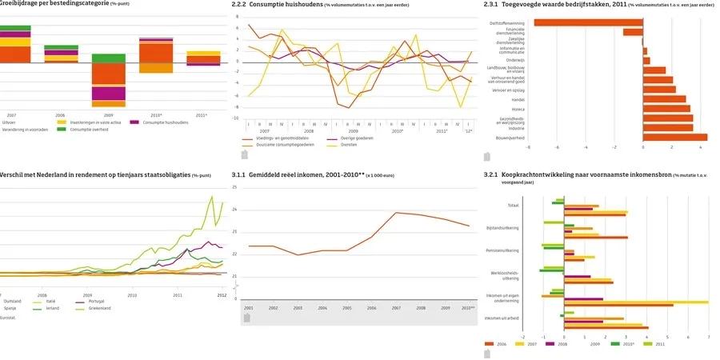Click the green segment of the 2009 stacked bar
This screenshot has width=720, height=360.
click(x=108, y=58)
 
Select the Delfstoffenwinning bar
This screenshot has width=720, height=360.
click(x=588, y=22)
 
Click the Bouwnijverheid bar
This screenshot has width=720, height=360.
click(x=674, y=137)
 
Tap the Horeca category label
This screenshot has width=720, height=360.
click(x=517, y=108)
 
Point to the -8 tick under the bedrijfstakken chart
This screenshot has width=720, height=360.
click(x=527, y=147)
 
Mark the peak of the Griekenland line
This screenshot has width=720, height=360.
click(x=212, y=195)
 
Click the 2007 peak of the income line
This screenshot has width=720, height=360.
click(x=397, y=213)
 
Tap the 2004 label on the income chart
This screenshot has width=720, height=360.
click(x=322, y=307)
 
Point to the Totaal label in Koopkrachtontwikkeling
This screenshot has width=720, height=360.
click(x=512, y=206)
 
